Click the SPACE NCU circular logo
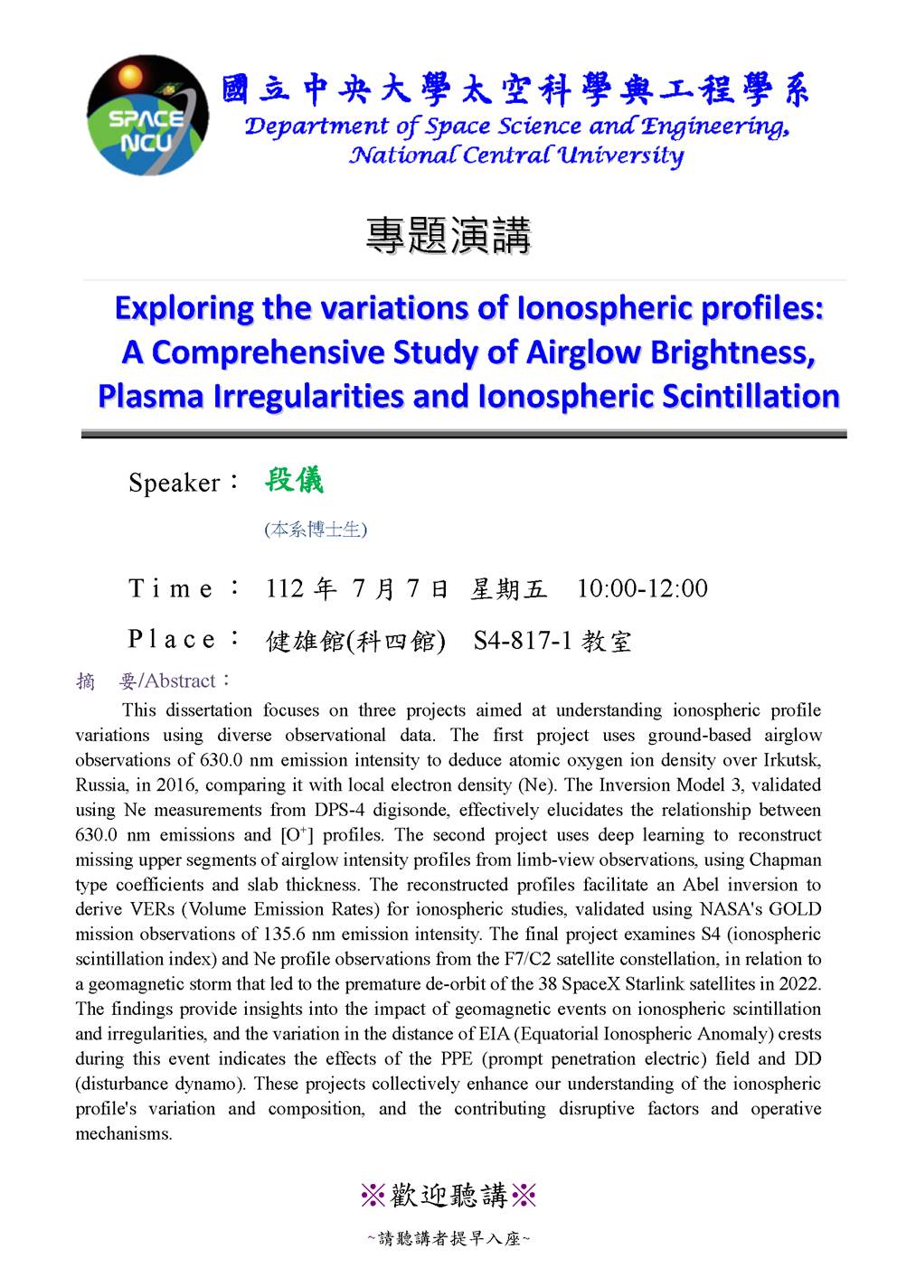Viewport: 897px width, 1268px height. pyautogui.click(x=147, y=115)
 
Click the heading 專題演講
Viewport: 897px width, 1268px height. pyautogui.click(x=448, y=236)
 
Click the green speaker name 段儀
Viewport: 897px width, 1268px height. pyautogui.click(x=294, y=480)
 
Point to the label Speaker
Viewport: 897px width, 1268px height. pyautogui.click(x=175, y=483)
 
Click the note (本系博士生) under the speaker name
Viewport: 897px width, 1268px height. pyautogui.click(x=316, y=530)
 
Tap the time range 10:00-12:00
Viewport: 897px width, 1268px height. pyautogui.click(x=642, y=589)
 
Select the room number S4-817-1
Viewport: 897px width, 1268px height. pyautogui.click(x=523, y=642)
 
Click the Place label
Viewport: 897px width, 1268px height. pyautogui.click(x=173, y=640)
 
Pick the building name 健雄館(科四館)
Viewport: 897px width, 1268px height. pyautogui.click(x=355, y=642)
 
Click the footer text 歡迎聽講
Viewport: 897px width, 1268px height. pyautogui.click(x=448, y=1196)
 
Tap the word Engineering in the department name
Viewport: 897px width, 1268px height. pyautogui.click(x=718, y=127)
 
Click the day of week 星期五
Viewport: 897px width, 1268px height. pyautogui.click(x=509, y=590)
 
